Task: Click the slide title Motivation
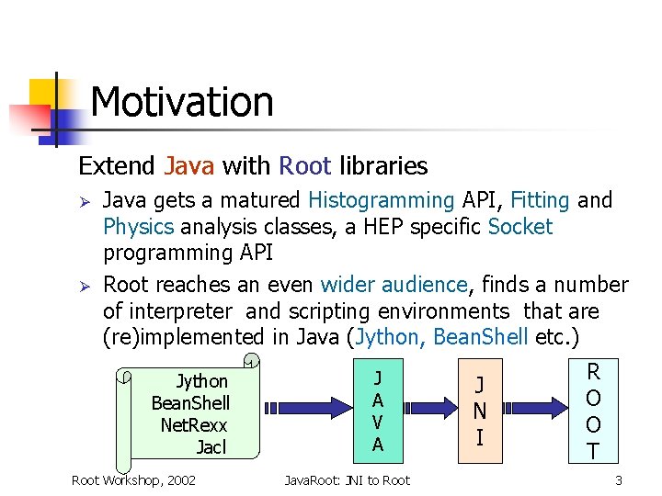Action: click(182, 102)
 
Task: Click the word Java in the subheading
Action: click(188, 166)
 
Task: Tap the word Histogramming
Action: click(382, 200)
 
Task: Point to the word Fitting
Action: click(540, 200)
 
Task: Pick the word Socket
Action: click(520, 227)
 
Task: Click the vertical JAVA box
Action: click(378, 411)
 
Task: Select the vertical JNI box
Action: click(479, 411)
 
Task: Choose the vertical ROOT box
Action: click(593, 411)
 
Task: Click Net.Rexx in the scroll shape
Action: click(193, 425)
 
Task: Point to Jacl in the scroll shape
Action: click(211, 447)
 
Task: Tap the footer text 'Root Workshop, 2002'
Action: click(133, 479)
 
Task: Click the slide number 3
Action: click(619, 479)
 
